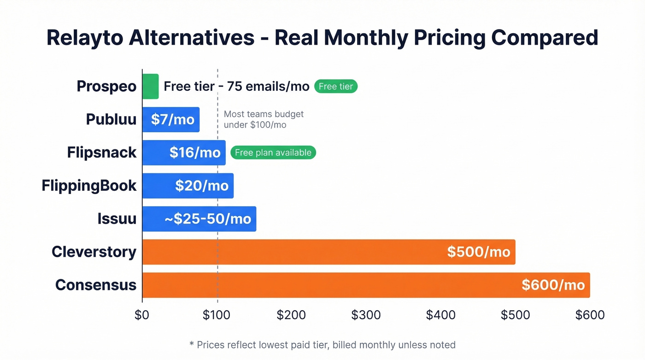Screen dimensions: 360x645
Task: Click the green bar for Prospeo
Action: (150, 86)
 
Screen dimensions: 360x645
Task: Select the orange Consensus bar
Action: (366, 285)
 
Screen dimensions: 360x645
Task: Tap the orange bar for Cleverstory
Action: (328, 252)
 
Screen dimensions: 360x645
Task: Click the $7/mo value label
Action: (173, 119)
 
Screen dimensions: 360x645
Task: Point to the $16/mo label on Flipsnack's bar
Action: (195, 153)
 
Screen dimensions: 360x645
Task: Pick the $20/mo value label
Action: (202, 185)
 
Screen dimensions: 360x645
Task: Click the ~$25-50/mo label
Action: (208, 218)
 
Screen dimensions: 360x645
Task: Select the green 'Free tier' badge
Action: (336, 86)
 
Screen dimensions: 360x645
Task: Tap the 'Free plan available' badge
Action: (273, 153)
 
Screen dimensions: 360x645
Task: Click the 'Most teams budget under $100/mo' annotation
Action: (264, 119)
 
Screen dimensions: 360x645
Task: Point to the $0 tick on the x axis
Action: (142, 315)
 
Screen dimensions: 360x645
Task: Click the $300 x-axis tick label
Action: (366, 315)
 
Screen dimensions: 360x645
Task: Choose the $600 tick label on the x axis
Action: (590, 315)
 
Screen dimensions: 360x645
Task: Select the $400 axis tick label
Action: (440, 315)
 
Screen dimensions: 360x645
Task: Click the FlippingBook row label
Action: (89, 185)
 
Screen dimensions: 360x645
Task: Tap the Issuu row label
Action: (117, 218)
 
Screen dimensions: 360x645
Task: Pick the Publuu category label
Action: (111, 119)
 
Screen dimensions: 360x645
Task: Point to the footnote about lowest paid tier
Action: (322, 345)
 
